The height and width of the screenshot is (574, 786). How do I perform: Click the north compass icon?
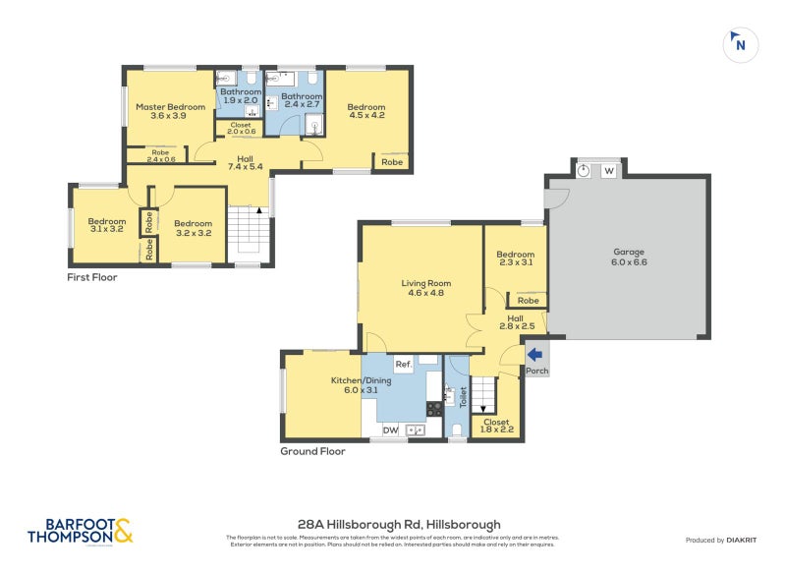(740, 44)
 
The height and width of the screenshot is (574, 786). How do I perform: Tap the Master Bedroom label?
(170, 111)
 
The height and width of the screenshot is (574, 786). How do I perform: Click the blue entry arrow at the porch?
(535, 355)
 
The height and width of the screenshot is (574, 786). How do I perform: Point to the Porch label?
(537, 371)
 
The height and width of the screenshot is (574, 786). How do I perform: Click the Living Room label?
(424, 288)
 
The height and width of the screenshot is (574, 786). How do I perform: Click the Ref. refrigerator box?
(403, 365)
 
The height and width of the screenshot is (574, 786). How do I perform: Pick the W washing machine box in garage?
(609, 171)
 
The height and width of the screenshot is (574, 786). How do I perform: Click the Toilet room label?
(463, 397)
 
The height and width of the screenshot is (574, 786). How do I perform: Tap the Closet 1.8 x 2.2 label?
(496, 425)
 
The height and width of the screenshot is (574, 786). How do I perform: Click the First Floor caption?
(91, 278)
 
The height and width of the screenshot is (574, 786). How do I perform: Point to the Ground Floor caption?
(312, 451)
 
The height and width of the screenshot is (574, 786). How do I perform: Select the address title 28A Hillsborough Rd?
(399, 525)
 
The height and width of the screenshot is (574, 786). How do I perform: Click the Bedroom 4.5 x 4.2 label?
(365, 111)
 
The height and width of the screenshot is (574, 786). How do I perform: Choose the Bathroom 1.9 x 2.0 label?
(240, 95)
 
